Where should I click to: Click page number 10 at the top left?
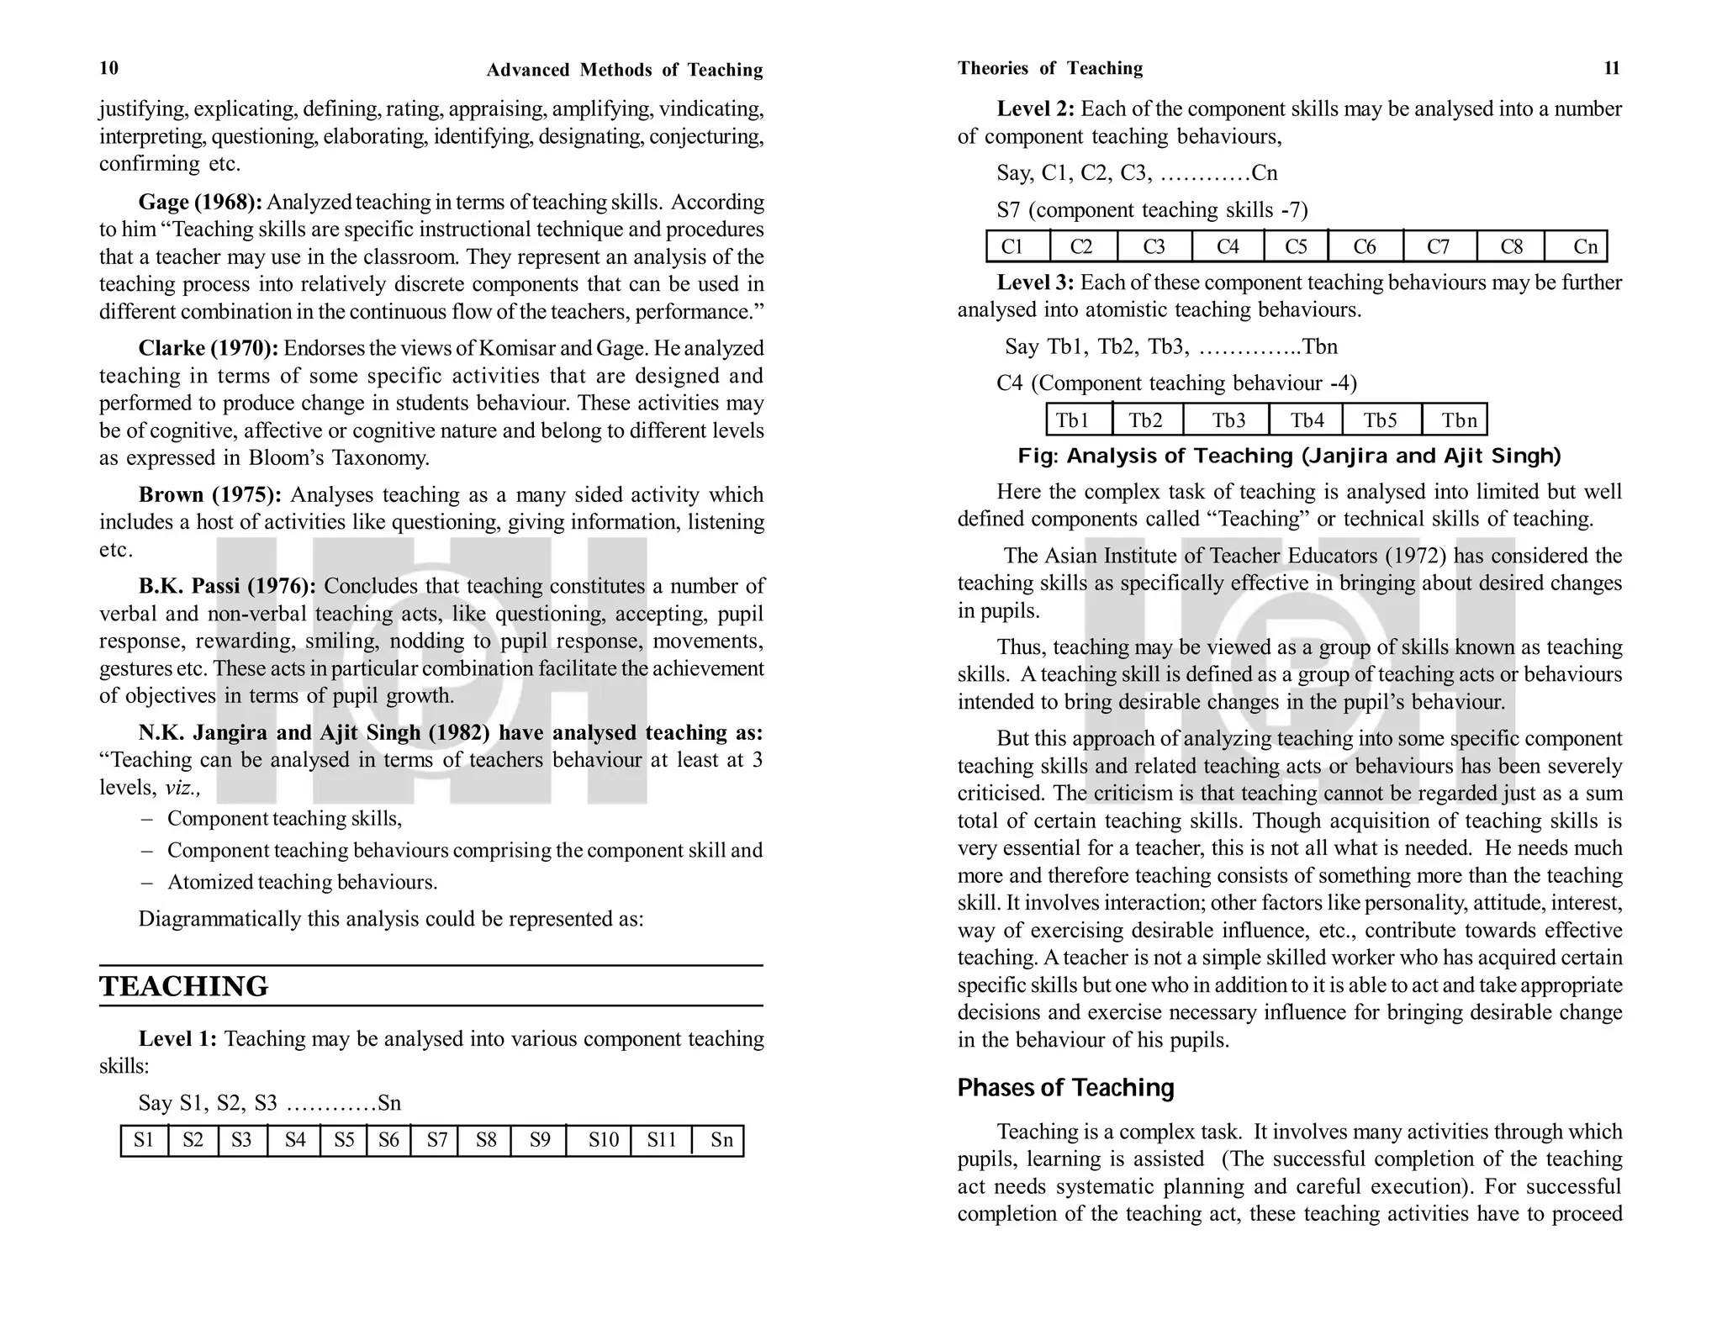pyautogui.click(x=109, y=68)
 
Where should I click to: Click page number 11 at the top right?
pyautogui.click(x=1612, y=68)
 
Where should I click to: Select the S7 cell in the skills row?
pyautogui.click(x=436, y=1140)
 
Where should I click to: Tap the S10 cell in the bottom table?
pyautogui.click(x=603, y=1140)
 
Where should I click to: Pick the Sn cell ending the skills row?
pyautogui.click(x=721, y=1140)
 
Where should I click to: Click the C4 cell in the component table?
pyautogui.click(x=1227, y=246)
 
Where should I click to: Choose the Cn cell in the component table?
pyautogui.click(x=1584, y=246)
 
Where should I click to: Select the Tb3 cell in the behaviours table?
pyautogui.click(x=1228, y=420)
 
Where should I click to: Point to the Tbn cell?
pyautogui.click(x=1458, y=420)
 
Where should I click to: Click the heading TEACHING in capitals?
pyautogui.click(x=183, y=986)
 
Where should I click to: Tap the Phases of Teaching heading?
pyautogui.click(x=1065, y=1088)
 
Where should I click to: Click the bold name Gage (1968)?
pyautogui.click(x=200, y=203)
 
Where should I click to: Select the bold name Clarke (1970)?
pyautogui.click(x=208, y=349)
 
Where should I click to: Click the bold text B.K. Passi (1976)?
pyautogui.click(x=227, y=586)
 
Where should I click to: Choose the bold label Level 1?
pyautogui.click(x=177, y=1039)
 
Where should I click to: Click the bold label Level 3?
pyautogui.click(x=1035, y=283)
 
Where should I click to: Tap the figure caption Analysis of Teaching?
pyautogui.click(x=1288, y=457)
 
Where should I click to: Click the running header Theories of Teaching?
pyautogui.click(x=1049, y=68)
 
